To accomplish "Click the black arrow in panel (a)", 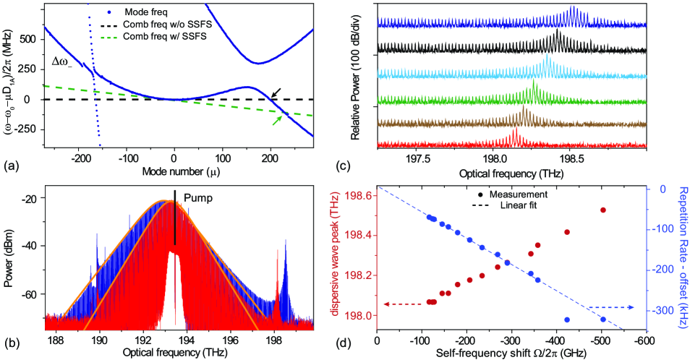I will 276,92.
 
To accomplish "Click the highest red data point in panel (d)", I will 602,210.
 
